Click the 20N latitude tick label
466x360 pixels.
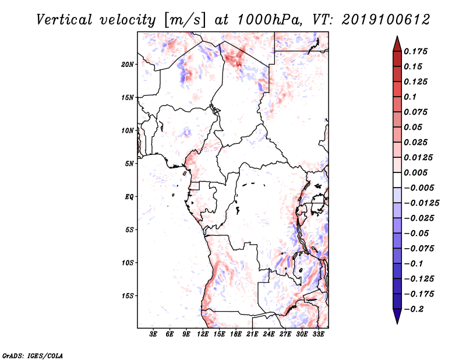[x=128, y=65]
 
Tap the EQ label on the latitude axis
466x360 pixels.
[x=129, y=197]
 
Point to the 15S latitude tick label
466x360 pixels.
[x=128, y=296]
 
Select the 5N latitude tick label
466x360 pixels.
[x=129, y=164]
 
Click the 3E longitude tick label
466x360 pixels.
[x=153, y=334]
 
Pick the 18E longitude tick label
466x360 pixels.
[x=236, y=334]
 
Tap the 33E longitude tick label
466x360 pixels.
[x=318, y=334]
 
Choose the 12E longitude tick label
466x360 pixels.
[x=203, y=334]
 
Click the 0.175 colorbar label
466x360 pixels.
[x=415, y=51]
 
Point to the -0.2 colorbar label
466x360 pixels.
[x=414, y=309]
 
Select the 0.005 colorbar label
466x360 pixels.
[x=415, y=172]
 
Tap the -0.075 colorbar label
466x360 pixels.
[x=419, y=249]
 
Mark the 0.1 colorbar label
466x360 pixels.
[x=410, y=97]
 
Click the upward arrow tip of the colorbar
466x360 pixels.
[x=397, y=36]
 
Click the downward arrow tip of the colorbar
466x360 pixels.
[x=397, y=324]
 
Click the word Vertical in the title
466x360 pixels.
[x=64, y=20]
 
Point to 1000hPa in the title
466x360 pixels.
[x=268, y=20]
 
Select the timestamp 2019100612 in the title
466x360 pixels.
[x=386, y=20]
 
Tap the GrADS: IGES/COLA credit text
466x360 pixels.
[x=33, y=355]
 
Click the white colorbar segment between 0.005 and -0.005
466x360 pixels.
[x=397, y=180]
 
